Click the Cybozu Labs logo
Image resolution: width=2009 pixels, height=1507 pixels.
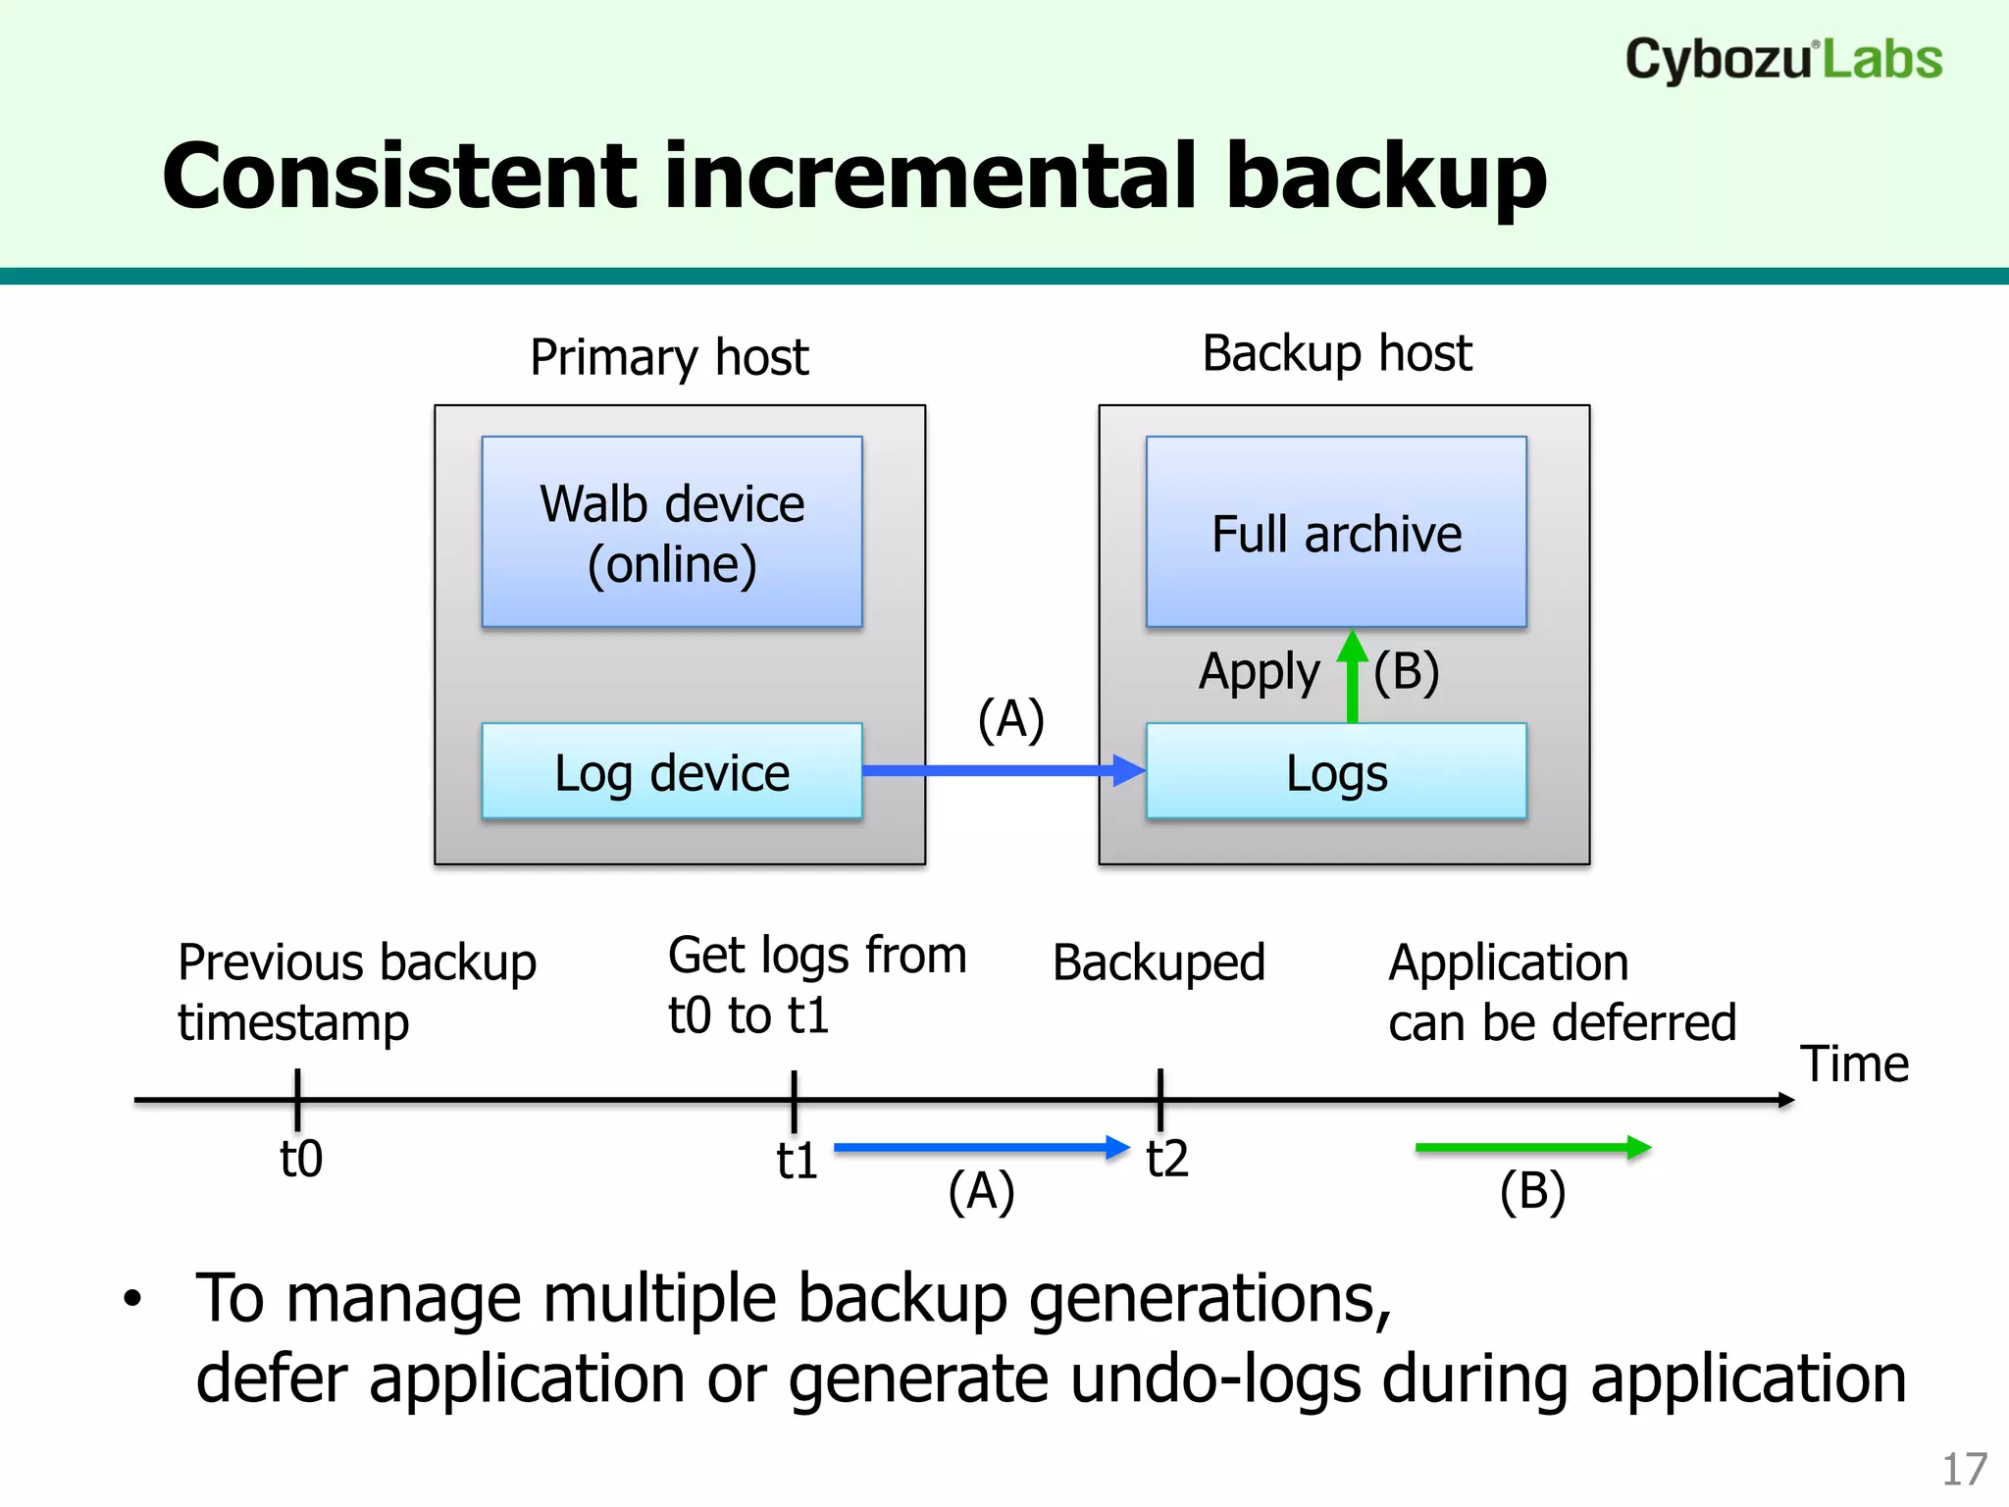coord(1782,59)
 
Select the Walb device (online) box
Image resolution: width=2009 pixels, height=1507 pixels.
coord(672,532)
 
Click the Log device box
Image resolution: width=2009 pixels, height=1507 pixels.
coord(672,771)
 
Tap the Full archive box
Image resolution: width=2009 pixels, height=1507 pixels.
coord(1336,532)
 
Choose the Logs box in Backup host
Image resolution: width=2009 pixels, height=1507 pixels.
coord(1336,771)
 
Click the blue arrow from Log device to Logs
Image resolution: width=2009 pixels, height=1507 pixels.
coord(1001,770)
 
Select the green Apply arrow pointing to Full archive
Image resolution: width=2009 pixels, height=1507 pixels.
coord(1353,677)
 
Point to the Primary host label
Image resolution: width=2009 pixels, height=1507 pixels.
coord(669,357)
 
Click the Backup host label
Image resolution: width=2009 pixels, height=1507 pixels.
coord(1336,353)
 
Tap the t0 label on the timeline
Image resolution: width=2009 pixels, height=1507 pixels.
coord(301,1160)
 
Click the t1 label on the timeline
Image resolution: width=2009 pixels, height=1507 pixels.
coord(797,1162)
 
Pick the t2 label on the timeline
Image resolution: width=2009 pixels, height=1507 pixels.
coord(1167,1160)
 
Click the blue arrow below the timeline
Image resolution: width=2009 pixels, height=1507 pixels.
coord(981,1147)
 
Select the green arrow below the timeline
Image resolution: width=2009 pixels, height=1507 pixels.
coord(1532,1147)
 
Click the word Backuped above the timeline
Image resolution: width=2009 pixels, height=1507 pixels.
coord(1159,962)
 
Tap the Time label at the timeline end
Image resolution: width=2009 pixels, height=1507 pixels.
coord(1854,1065)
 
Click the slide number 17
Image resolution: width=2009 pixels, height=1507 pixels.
coord(1964,1470)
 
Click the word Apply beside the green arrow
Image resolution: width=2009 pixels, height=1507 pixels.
coord(1259,673)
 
